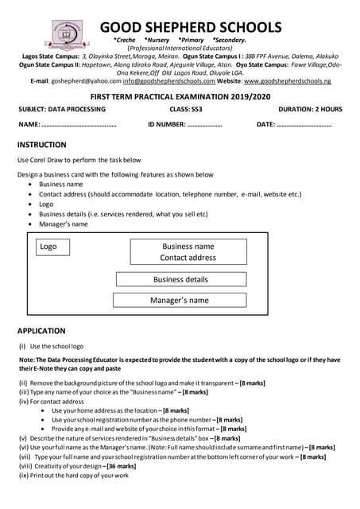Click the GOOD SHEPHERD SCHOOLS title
pyautogui.click(x=191, y=27)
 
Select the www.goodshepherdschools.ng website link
pyautogui.click(x=287, y=81)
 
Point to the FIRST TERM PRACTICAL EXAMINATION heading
pyautogui.click(x=180, y=95)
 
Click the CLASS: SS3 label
pyautogui.click(x=186, y=109)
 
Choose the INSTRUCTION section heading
pyautogui.click(x=41, y=145)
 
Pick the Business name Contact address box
pyautogui.click(x=188, y=252)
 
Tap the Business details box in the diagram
pyautogui.click(x=180, y=279)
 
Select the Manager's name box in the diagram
pyautogui.click(x=180, y=300)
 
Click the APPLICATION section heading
pyautogui.click(x=41, y=331)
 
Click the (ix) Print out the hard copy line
pyautogui.click(x=72, y=476)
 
